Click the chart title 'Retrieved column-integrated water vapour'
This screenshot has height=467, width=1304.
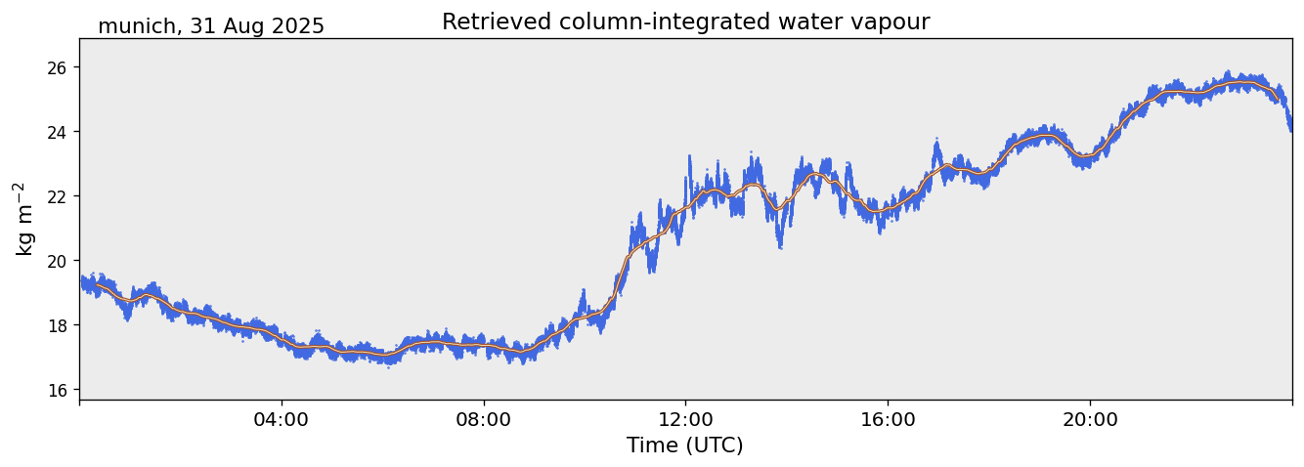coord(685,21)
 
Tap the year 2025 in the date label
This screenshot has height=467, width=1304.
coord(298,27)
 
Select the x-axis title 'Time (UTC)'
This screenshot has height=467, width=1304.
coord(684,446)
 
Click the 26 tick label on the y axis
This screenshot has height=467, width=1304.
coord(56,67)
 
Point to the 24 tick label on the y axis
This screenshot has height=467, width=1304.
coord(56,132)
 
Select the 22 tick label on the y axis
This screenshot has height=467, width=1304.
coord(56,196)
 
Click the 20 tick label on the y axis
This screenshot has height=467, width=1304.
coord(56,261)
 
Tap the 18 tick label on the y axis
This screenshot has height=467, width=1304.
coord(56,325)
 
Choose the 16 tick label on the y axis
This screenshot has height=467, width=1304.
coord(56,390)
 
